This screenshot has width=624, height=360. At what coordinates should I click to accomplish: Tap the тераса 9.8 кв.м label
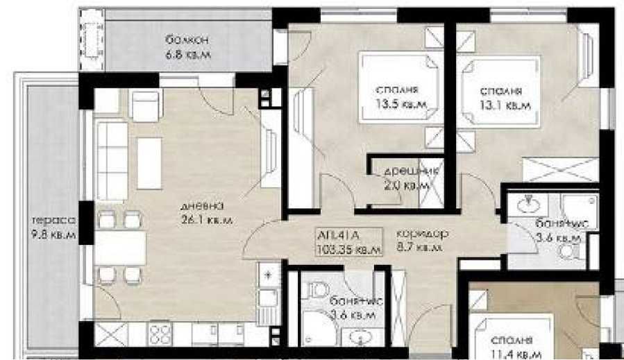(x=51, y=228)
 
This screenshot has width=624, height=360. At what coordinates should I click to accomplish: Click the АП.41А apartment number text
(x=335, y=233)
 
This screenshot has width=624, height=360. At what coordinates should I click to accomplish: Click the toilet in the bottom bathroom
(x=319, y=291)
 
